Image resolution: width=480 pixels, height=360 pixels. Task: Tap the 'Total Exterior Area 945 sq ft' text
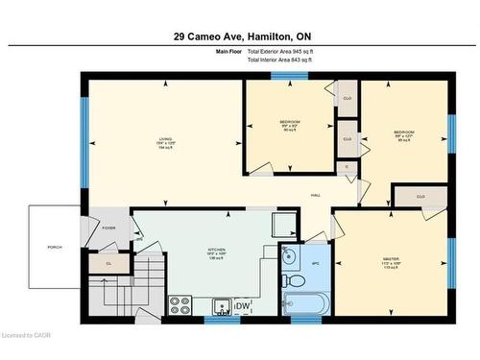click(x=282, y=52)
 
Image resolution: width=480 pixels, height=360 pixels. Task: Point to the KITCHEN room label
click(x=217, y=253)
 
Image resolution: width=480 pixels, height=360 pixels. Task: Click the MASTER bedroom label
click(x=391, y=262)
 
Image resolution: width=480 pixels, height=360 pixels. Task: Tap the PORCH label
click(x=55, y=247)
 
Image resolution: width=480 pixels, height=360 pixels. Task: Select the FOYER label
click(x=108, y=228)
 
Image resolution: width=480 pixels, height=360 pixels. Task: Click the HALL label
click(x=315, y=196)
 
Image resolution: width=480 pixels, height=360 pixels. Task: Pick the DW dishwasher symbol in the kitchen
click(x=247, y=306)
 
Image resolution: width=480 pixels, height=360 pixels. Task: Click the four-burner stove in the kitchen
click(x=180, y=306)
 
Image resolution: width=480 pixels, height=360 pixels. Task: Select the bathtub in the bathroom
click(x=306, y=304)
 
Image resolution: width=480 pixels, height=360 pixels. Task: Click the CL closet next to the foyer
click(x=108, y=261)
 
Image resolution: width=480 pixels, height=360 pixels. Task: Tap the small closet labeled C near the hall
click(x=347, y=167)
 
